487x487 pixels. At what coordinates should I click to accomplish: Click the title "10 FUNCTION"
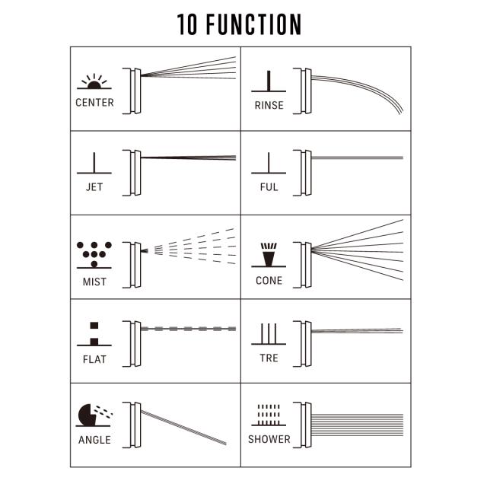click(240, 24)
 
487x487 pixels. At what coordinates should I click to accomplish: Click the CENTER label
click(94, 103)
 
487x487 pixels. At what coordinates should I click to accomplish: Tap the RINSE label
click(269, 105)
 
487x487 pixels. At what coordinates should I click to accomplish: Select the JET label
click(94, 186)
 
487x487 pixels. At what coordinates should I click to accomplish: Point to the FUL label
click(269, 186)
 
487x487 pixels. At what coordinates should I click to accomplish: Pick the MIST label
click(94, 282)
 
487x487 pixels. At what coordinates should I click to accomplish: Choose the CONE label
click(269, 281)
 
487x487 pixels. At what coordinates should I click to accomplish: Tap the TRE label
click(269, 358)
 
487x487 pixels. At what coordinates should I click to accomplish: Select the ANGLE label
click(94, 440)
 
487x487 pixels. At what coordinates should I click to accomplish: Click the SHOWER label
click(269, 439)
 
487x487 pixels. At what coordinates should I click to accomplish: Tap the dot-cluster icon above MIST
click(94, 254)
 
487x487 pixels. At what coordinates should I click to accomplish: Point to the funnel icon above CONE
click(269, 255)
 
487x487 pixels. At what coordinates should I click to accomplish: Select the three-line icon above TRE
click(269, 335)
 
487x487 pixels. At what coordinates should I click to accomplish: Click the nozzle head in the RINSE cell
click(305, 92)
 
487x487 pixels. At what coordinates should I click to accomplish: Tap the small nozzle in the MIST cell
click(142, 249)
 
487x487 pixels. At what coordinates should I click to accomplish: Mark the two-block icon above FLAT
click(94, 333)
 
